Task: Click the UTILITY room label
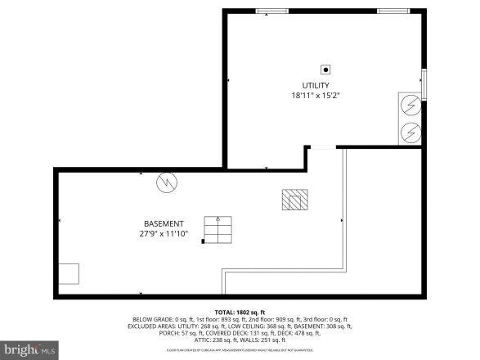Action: (315, 85)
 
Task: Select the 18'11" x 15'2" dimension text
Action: (315, 96)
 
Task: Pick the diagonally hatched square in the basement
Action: (295, 199)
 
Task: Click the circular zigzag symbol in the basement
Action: (167, 182)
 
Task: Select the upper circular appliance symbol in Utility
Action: (410, 106)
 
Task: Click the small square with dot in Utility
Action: (325, 70)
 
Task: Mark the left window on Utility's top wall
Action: (267, 11)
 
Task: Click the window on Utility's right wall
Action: (424, 82)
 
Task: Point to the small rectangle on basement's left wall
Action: (68, 274)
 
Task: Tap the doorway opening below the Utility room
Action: (324, 147)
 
